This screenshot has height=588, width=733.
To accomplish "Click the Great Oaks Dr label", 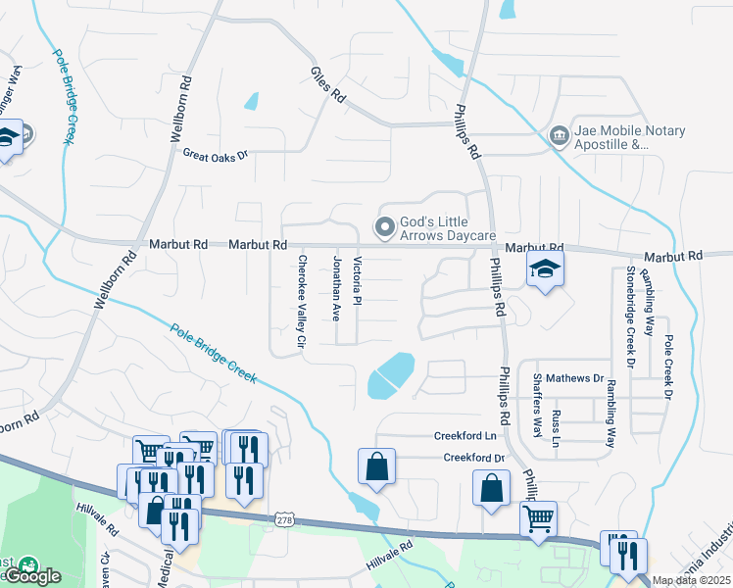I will tap(217, 154).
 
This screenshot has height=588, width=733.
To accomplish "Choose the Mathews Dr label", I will tap(575, 377).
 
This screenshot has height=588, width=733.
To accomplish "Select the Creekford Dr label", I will tap(473, 458).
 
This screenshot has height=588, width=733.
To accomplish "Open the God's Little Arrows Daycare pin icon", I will tap(385, 227).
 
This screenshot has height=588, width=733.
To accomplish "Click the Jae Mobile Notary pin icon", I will tap(559, 134).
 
